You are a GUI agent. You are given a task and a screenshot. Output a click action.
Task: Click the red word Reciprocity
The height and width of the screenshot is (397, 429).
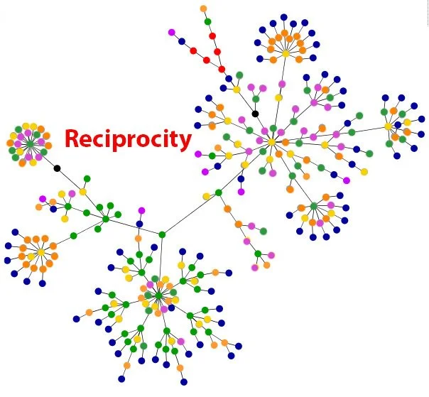[x=129, y=138]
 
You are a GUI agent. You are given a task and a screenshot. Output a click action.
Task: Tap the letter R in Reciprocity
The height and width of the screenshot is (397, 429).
[x=72, y=138]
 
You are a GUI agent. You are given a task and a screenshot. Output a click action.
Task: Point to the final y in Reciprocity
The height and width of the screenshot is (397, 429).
[x=186, y=141]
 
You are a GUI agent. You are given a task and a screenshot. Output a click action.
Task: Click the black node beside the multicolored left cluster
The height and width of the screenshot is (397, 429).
[x=57, y=168]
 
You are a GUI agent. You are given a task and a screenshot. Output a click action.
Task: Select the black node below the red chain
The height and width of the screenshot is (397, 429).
[x=255, y=114]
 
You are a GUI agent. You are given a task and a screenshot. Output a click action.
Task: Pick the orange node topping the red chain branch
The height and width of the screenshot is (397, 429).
[x=204, y=9]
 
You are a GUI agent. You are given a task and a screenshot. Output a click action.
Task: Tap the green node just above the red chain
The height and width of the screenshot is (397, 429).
[x=208, y=21]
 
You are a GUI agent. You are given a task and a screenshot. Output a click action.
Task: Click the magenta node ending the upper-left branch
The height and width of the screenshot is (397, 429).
[x=171, y=32]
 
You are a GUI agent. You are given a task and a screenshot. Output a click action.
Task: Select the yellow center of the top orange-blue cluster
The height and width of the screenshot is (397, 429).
[x=286, y=53]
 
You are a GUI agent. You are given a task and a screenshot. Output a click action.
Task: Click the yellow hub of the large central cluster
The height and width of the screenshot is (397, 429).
[x=271, y=142]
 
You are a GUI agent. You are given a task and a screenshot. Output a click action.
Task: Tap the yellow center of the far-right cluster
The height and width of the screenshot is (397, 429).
[x=388, y=126]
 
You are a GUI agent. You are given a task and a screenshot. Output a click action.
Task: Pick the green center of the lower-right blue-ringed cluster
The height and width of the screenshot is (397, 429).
[x=313, y=206]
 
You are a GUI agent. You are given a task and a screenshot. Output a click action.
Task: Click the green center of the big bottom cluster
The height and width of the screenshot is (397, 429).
[x=158, y=293]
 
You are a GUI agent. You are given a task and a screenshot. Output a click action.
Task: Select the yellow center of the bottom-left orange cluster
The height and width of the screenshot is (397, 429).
[x=41, y=252]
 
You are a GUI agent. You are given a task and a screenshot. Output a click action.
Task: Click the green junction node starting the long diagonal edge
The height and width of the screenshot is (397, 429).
[x=162, y=234]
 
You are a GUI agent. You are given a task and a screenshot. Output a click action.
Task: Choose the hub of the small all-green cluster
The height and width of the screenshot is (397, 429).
[x=106, y=219]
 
